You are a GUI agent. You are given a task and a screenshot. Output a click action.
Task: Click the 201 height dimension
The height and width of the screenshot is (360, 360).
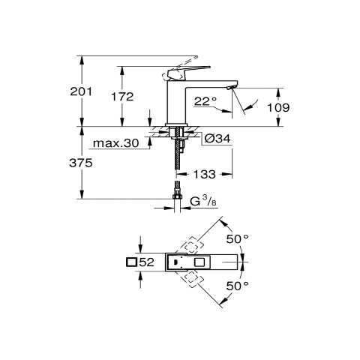coord(81,91)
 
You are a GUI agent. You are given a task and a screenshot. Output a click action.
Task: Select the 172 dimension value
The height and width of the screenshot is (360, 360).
coord(122,97)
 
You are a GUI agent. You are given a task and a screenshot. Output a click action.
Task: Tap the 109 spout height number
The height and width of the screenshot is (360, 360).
coord(278,108)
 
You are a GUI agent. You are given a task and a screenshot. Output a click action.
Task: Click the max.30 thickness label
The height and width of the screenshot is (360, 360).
coord(115,143)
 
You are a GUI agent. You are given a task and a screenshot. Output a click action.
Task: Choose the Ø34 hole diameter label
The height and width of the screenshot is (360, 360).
coord(217,138)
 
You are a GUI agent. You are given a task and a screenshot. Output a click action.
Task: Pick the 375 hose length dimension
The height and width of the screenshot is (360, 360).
coord(81,163)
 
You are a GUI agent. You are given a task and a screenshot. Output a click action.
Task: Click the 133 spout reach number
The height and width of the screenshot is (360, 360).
coord(204,174)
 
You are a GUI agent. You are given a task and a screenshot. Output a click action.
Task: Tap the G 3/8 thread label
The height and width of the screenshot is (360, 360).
coord(202,201)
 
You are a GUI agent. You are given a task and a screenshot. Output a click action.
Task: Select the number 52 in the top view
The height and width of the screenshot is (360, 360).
coord(146,262)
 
